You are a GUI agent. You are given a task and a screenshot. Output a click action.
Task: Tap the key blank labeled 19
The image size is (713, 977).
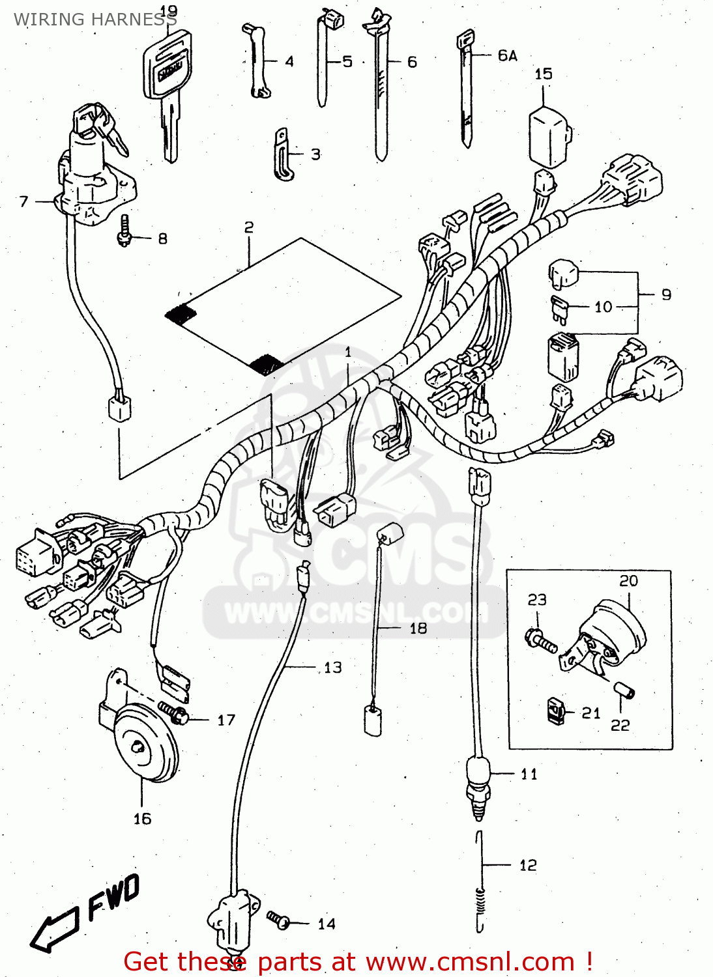pos(166,85)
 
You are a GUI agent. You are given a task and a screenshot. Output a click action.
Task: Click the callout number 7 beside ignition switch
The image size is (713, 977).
pos(24,201)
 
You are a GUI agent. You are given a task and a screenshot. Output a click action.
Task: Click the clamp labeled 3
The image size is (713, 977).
pos(282,155)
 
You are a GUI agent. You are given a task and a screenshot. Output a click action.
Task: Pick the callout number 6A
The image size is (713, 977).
pos(507,56)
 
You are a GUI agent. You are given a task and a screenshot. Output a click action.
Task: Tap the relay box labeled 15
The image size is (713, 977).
pos(549,137)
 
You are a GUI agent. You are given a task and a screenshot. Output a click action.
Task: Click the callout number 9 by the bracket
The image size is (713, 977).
pos(666,294)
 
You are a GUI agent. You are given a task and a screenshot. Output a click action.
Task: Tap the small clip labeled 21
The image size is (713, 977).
pos(556,711)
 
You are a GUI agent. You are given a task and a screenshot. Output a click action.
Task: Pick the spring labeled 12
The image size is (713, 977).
pos(480,902)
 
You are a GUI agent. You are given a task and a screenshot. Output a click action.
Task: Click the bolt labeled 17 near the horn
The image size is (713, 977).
pos(174,713)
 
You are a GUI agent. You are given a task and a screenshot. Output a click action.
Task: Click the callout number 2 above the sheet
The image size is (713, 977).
pos(249,227)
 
